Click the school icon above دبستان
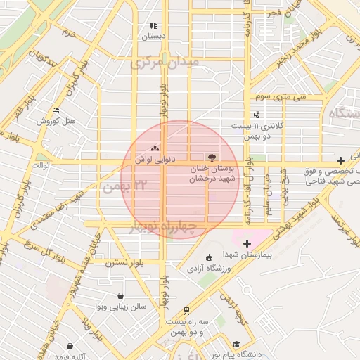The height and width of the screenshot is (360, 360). (153, 25)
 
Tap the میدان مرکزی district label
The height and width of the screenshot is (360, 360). (165, 63)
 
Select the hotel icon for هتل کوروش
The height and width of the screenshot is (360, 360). (56, 110)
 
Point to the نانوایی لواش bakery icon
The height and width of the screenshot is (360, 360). (155, 148)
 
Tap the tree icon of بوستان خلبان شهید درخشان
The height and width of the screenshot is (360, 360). (211, 157)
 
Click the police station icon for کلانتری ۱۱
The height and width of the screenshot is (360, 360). (257, 114)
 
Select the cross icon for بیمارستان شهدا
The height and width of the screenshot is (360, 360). (247, 243)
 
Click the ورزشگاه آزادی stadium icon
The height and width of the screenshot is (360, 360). (208, 257)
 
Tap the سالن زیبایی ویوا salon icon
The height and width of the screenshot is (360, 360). (121, 296)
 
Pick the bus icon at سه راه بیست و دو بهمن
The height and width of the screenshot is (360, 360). (186, 310)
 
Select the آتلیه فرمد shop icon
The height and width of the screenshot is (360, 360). (70, 346)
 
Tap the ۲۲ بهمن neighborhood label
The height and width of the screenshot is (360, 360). (126, 187)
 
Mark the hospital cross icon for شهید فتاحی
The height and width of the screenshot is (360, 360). (341, 160)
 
